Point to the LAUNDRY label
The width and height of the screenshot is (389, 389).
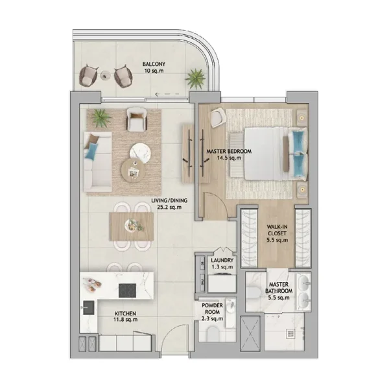tap(222, 263)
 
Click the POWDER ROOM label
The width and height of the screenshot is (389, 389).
tap(212, 312)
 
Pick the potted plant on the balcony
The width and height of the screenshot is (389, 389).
tap(194, 79)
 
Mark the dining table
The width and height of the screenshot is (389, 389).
tap(132, 226)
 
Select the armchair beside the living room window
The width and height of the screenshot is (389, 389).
tap(136, 118)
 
